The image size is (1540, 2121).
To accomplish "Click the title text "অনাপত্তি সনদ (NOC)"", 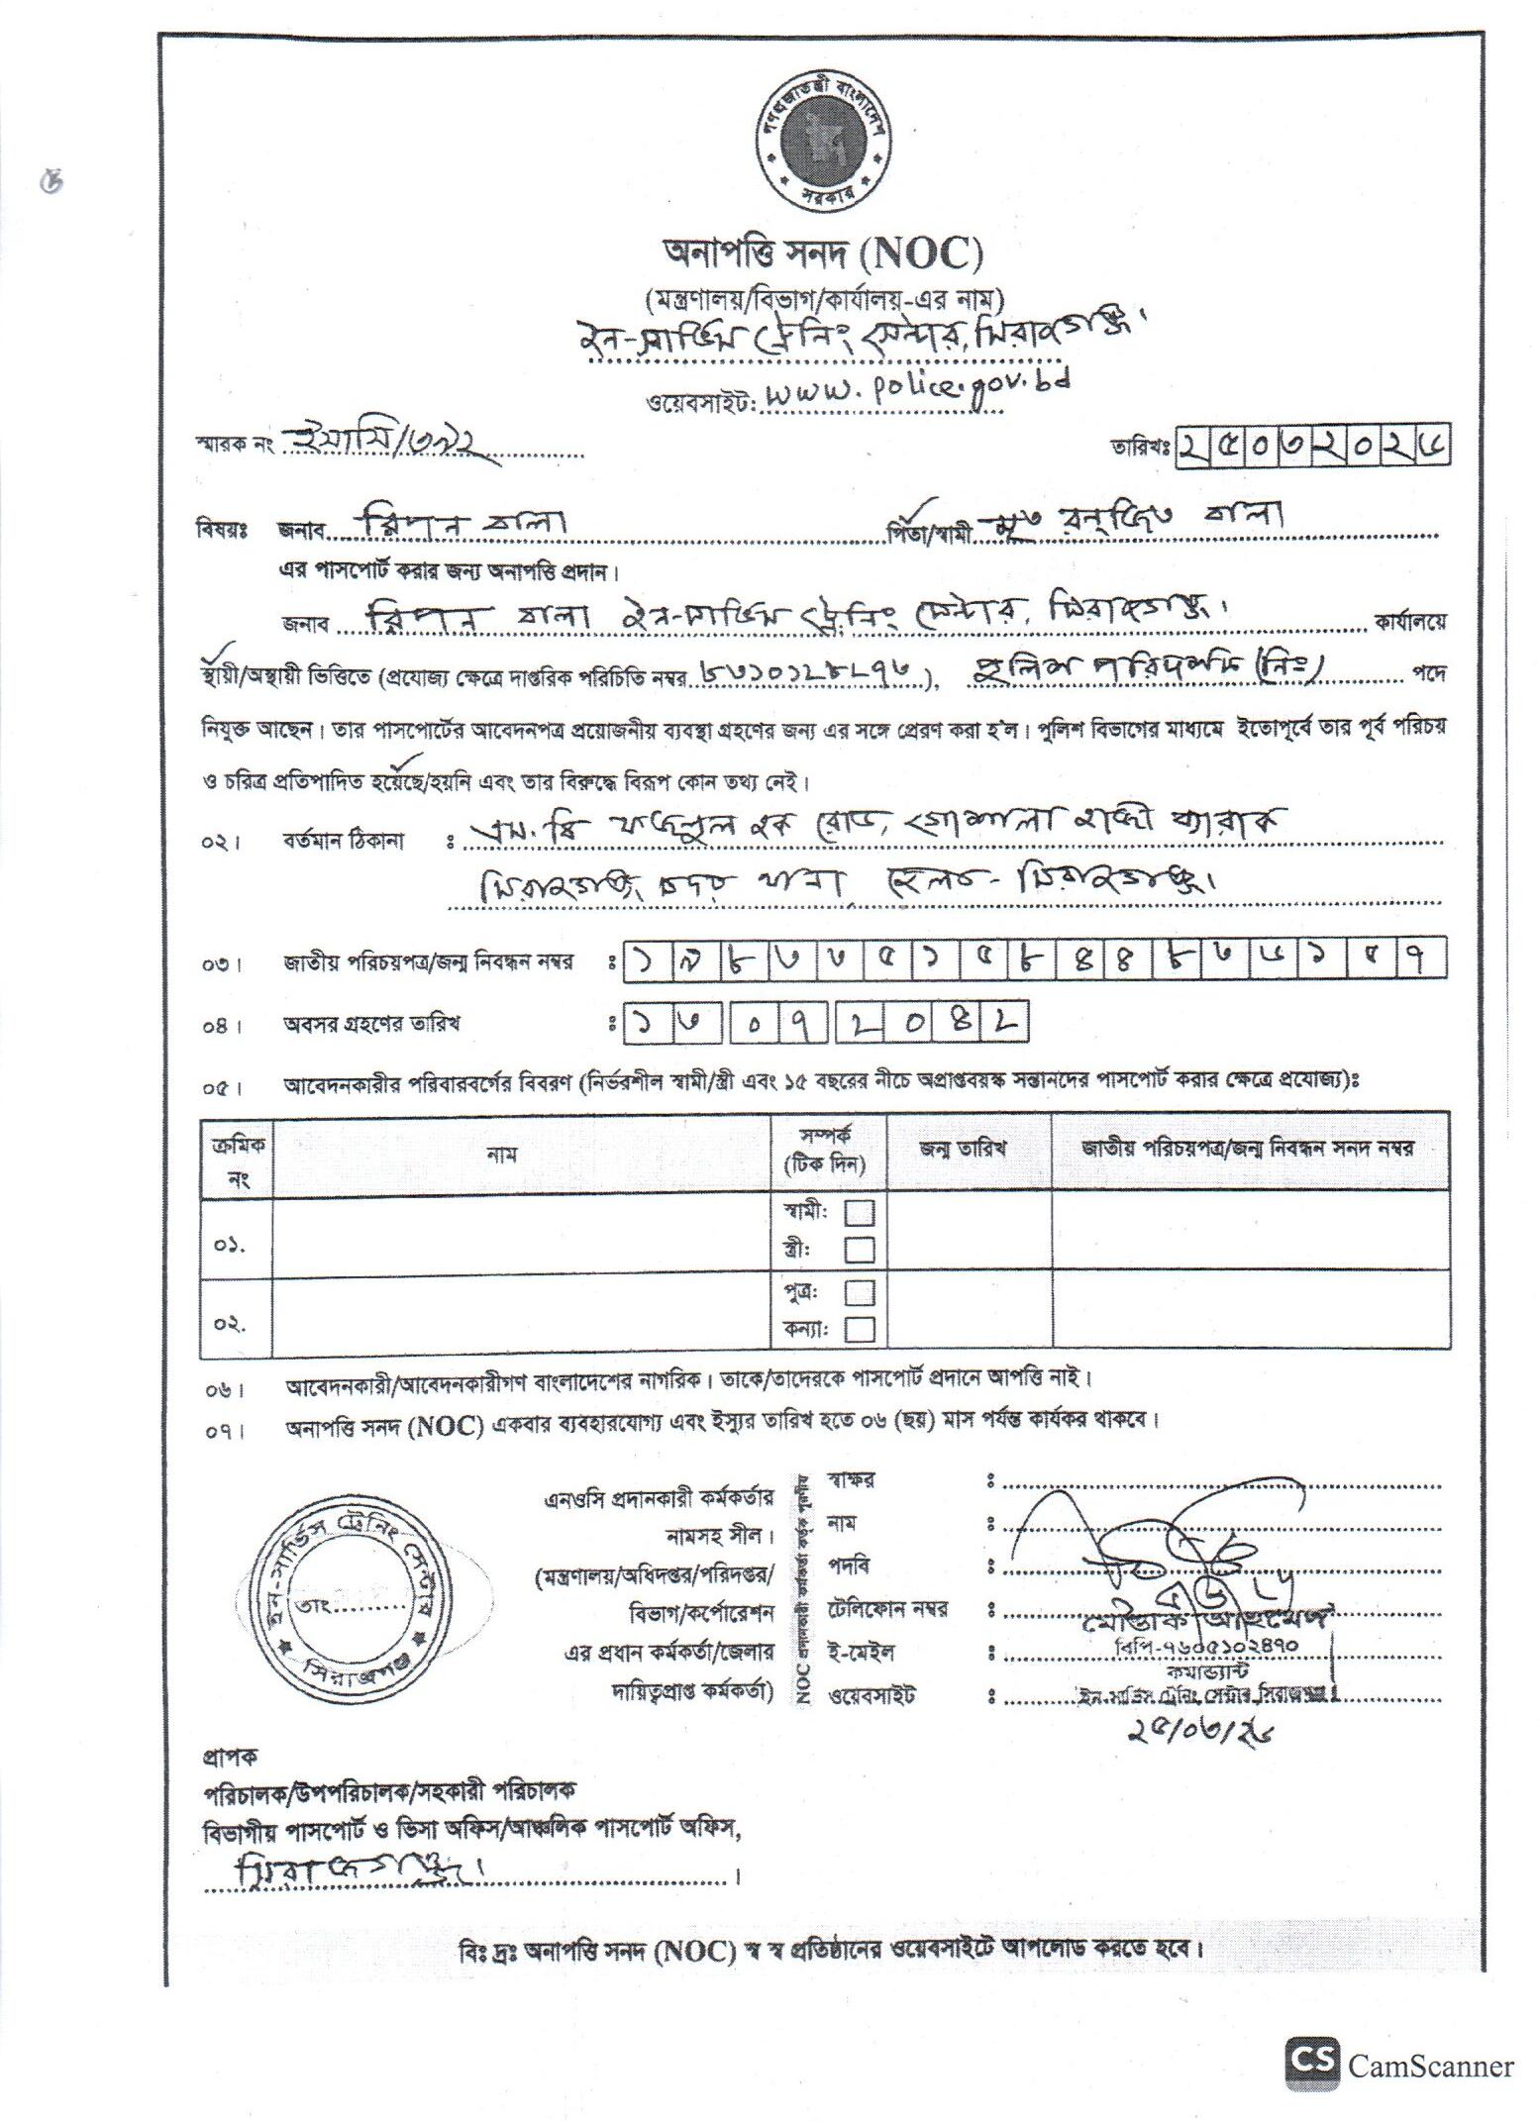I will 821,254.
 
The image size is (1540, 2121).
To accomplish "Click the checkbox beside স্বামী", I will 860,1212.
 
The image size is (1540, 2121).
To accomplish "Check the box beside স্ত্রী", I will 860,1249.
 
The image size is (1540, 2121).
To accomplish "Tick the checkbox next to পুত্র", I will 860,1292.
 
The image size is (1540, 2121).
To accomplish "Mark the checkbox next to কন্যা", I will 860,1328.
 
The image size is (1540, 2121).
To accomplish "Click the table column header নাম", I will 502,1153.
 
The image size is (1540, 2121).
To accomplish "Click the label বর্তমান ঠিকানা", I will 359,841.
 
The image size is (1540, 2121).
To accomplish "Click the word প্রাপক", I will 230,1757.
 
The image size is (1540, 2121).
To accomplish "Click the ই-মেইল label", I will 863,1652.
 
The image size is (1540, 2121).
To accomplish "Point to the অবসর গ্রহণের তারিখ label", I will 371,1024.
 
